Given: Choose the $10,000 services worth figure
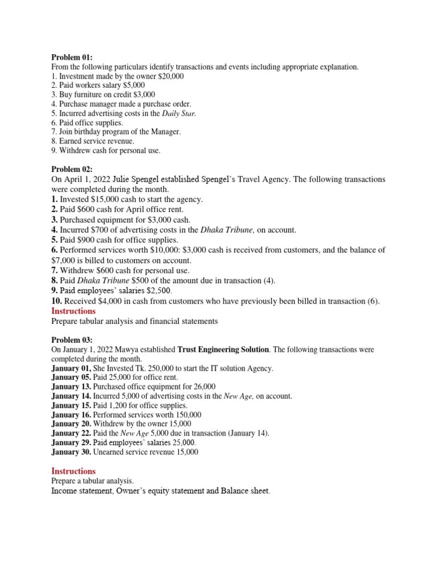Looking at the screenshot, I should click(x=147, y=251).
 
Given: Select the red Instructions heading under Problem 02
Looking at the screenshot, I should click(x=73, y=311).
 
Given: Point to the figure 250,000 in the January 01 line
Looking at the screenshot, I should click(x=151, y=368).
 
